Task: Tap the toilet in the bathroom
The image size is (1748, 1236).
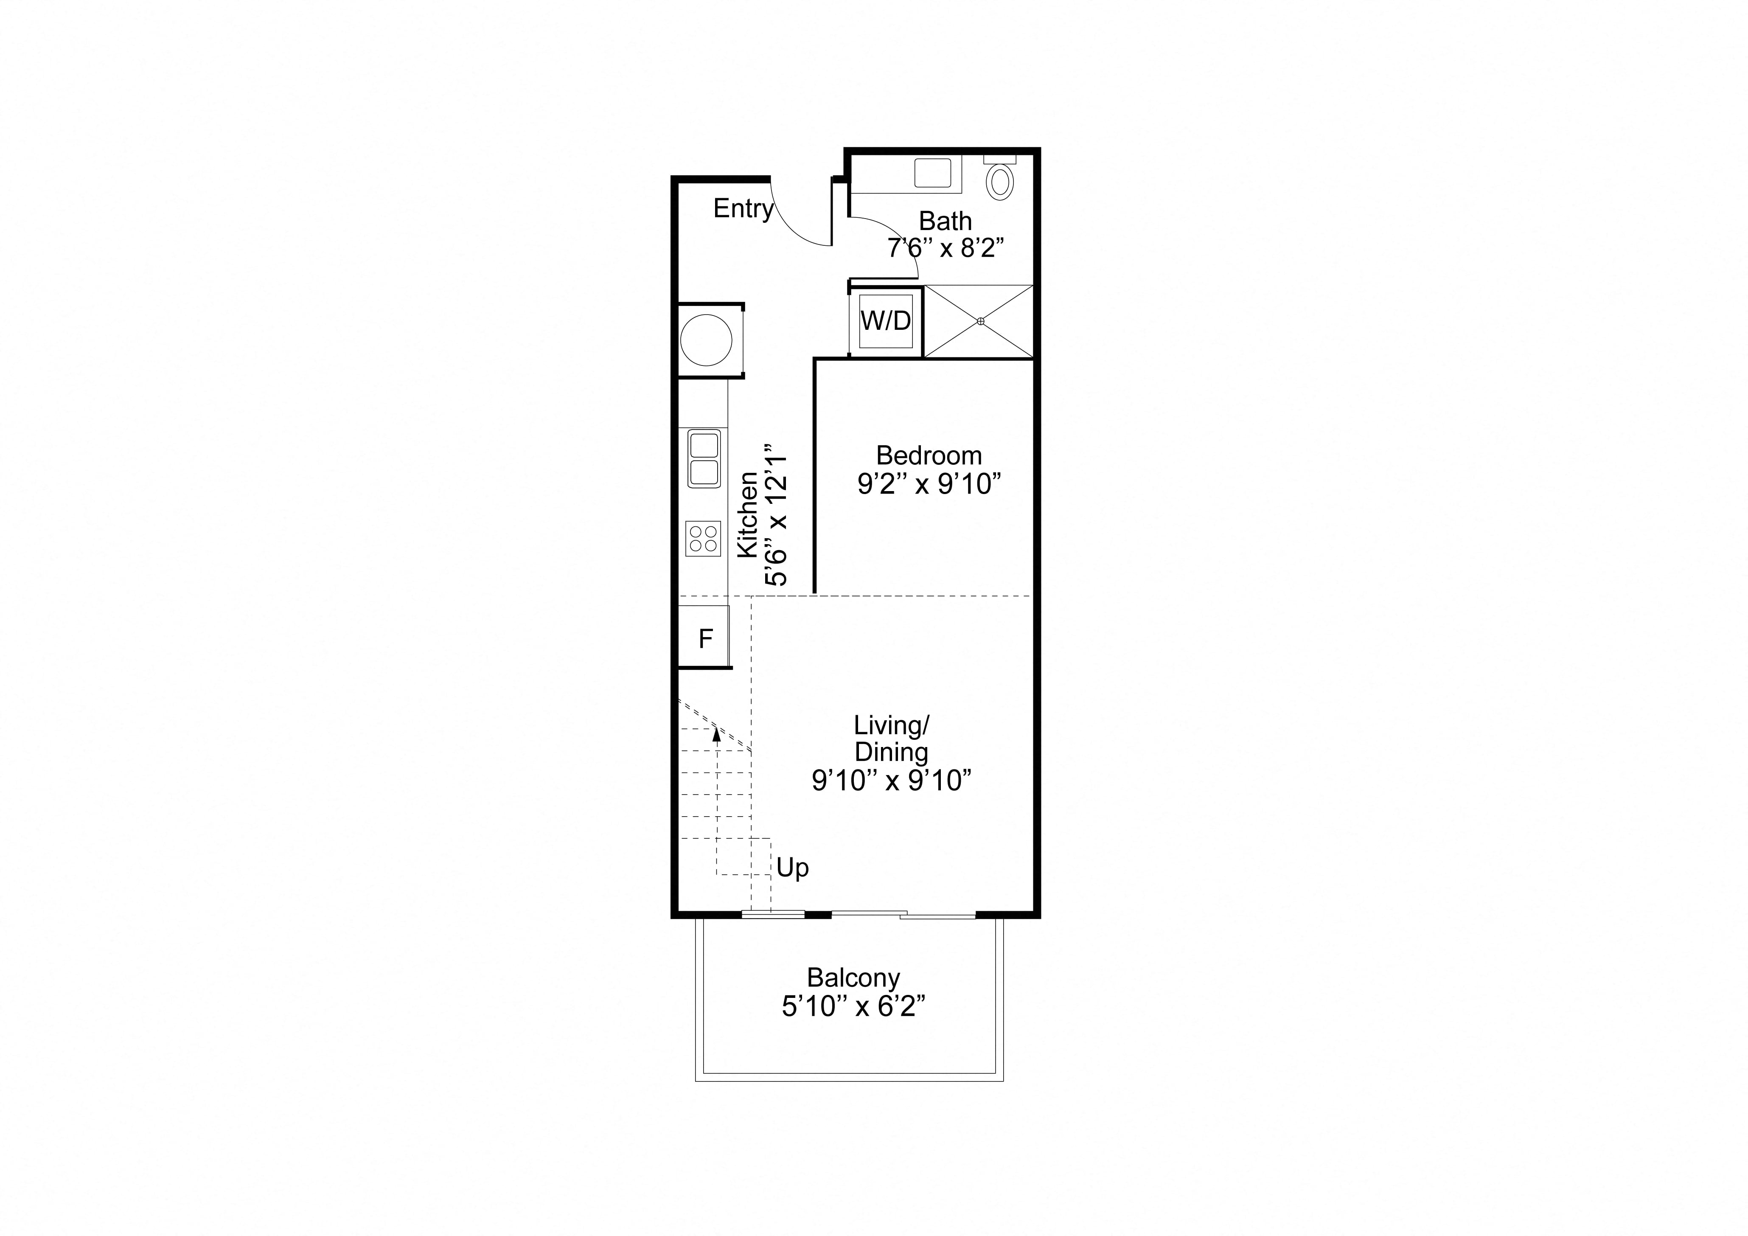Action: [1000, 179]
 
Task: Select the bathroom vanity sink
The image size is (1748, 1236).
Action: [933, 173]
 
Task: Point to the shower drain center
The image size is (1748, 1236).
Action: [981, 321]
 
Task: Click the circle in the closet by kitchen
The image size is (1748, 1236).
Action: [707, 340]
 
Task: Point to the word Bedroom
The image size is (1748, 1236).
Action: [929, 455]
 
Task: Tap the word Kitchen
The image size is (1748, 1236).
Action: [748, 515]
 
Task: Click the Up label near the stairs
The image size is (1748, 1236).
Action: [793, 868]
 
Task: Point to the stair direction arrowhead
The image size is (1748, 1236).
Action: [716, 733]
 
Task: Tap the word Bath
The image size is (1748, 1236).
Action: [946, 221]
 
